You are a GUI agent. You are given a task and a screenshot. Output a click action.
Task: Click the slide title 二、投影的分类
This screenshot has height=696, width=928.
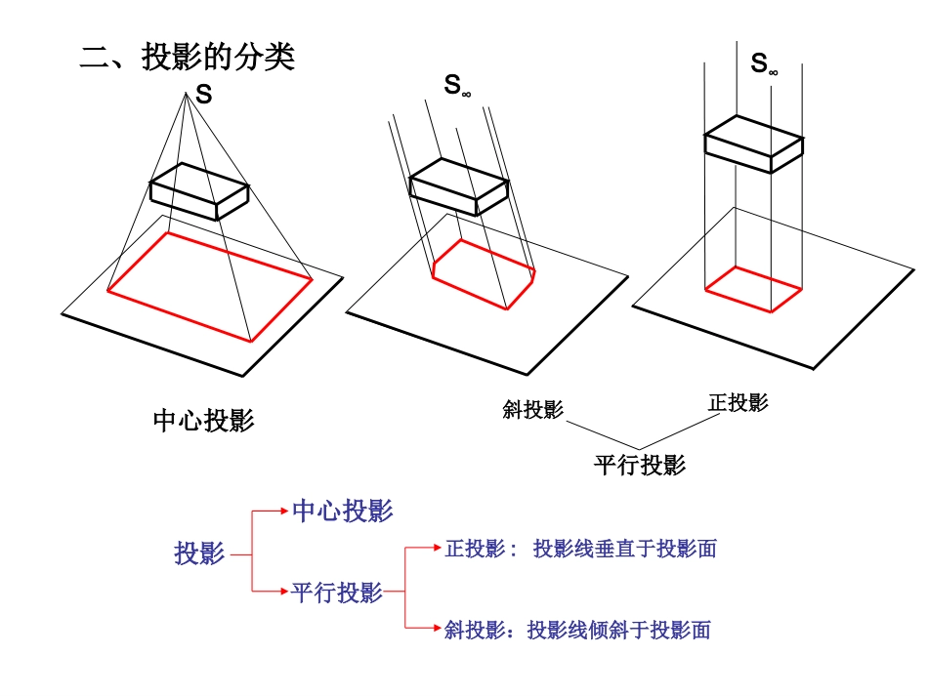187,58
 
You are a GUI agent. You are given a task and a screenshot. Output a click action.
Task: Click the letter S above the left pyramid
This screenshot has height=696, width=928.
203,94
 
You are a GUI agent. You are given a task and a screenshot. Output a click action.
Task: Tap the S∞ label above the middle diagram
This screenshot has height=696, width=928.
457,85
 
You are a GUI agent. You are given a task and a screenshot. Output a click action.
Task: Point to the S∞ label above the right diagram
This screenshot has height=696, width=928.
764,63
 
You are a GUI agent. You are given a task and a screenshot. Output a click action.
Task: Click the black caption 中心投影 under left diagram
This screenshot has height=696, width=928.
203,421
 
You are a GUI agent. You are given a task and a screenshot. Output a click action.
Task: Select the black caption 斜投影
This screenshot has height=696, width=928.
532,409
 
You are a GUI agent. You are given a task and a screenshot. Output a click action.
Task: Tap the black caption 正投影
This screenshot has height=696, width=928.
738,403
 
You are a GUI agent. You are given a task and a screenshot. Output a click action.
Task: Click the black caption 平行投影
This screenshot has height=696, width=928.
640,465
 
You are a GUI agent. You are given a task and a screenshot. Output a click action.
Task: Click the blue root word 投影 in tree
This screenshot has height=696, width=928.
199,553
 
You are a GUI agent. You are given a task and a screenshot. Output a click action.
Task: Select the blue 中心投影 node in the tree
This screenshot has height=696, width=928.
343,511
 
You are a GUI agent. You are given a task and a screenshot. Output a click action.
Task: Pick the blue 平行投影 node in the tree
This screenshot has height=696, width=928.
337,593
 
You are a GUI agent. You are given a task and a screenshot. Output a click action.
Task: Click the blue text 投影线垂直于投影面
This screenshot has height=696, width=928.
625,549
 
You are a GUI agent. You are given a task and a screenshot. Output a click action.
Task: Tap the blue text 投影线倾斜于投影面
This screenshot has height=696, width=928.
619,631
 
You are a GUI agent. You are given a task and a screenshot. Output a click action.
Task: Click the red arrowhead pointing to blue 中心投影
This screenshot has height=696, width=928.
284,511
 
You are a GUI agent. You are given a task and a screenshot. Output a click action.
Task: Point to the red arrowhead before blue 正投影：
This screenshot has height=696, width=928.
438,549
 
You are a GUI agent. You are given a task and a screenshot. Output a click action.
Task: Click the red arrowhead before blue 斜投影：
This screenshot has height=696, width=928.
438,628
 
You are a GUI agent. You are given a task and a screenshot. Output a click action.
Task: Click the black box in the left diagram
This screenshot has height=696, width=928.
199,191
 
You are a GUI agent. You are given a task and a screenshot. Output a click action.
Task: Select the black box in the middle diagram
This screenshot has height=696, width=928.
459,186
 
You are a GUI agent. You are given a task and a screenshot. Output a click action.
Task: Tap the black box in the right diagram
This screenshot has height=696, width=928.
753,143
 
